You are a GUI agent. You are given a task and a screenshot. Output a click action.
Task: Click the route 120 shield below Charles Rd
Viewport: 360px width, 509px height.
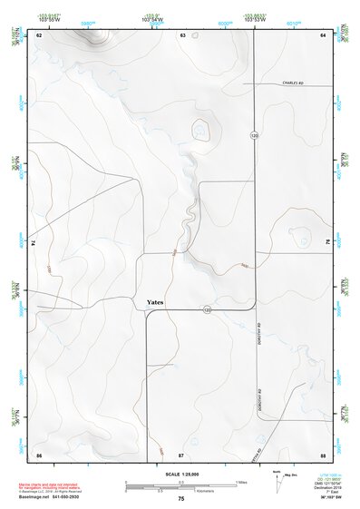point(255,134)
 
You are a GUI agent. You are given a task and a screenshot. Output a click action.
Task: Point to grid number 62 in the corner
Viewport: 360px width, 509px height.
point(39,34)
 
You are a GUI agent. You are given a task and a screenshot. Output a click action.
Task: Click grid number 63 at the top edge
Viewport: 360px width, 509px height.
point(182,34)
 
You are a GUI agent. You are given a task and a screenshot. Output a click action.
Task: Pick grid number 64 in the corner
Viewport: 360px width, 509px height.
point(322,34)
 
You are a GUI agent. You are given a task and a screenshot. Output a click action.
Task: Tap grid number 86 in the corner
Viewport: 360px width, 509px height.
point(39,452)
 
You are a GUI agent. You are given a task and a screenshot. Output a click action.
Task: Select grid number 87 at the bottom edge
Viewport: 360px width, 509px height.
point(181,452)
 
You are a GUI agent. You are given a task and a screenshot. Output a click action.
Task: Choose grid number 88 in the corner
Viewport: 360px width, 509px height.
point(322,452)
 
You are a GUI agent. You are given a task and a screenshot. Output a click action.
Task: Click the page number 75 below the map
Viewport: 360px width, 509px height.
point(181,499)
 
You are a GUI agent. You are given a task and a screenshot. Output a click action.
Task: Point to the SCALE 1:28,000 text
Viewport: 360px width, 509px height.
point(181,475)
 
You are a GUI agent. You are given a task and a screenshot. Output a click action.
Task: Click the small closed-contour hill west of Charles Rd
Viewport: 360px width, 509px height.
point(199,132)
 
